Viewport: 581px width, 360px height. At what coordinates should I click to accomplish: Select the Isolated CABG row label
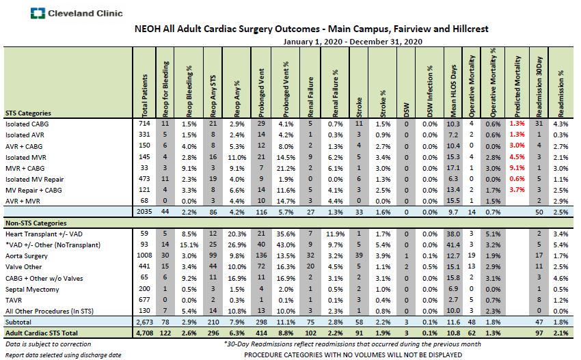pos(27,124)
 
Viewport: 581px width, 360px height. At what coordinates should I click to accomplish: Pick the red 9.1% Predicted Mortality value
pos(515,167)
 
